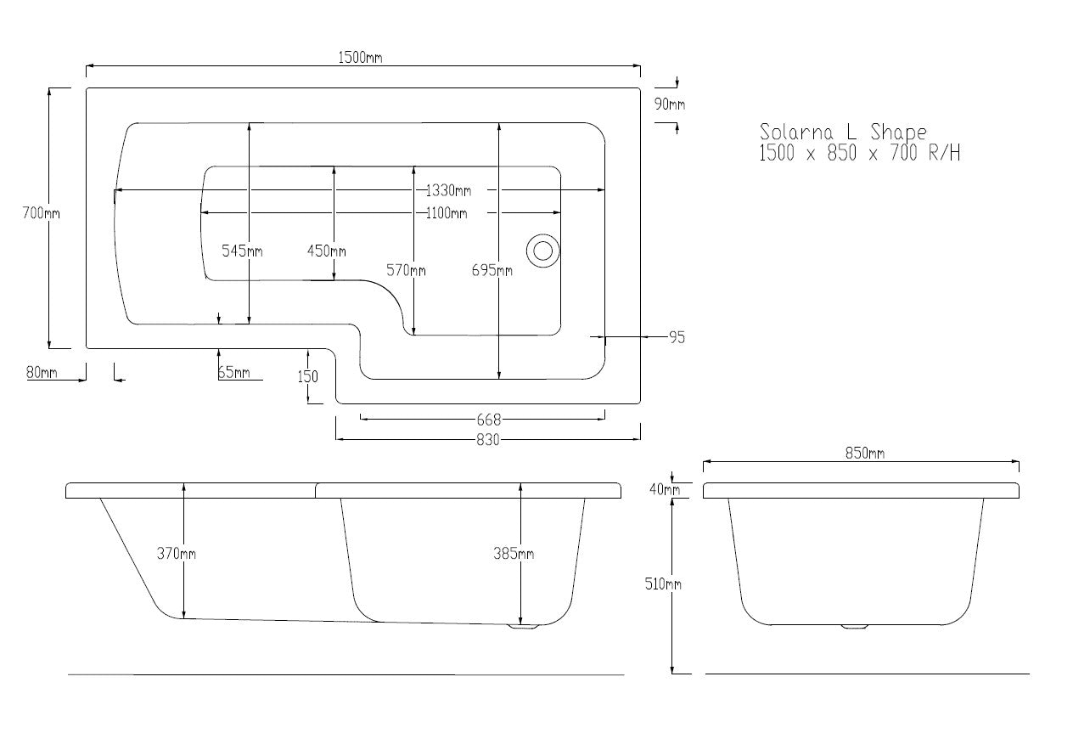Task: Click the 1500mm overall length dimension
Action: coord(360,58)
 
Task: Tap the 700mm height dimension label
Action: coord(41,213)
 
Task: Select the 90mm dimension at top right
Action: coord(670,104)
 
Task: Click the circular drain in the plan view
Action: coord(542,251)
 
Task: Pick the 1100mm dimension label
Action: coord(447,213)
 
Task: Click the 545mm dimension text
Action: coord(242,251)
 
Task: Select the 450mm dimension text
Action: coord(326,251)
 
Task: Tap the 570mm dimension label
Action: coord(406,270)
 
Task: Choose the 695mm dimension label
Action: coord(492,270)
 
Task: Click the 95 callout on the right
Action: coord(677,337)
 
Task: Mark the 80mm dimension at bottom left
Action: coord(42,372)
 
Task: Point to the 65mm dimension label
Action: coord(233,372)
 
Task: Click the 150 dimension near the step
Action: coord(307,376)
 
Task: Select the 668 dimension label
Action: coord(489,419)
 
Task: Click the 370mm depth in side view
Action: coord(176,554)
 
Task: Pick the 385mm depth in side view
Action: coord(514,554)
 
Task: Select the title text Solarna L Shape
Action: coord(843,133)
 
